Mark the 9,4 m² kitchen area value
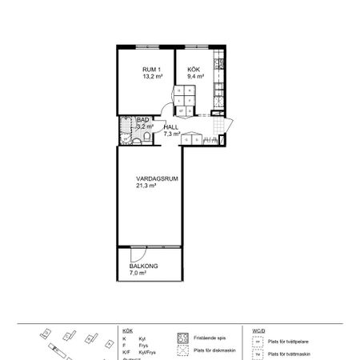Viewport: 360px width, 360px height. click(196, 78)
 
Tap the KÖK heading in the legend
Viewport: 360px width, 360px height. click(127, 330)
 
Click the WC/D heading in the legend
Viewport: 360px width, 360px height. click(258, 330)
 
